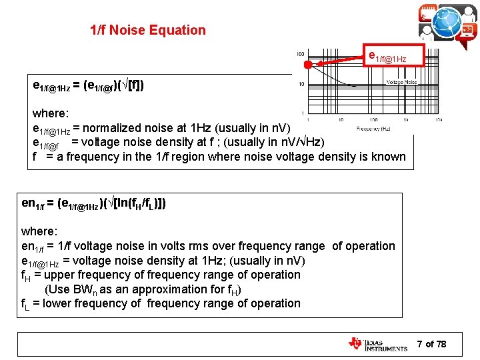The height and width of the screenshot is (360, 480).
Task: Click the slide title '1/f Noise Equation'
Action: pos(148,30)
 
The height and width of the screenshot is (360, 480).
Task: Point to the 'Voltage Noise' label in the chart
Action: pos(402,82)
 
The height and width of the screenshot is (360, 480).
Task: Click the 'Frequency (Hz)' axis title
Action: pos(373,128)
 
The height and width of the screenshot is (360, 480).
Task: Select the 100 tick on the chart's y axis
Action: pos(301,54)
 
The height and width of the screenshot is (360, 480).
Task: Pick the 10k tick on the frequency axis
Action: pos(437,120)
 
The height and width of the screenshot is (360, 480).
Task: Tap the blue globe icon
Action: pos(447,22)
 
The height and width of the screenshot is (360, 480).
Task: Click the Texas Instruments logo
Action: pos(377,344)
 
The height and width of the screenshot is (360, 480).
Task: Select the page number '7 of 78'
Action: pos(431,344)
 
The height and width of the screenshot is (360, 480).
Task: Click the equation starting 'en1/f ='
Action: pos(94,203)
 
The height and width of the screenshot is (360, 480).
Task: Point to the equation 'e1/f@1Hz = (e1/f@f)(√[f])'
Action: pos(88,85)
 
